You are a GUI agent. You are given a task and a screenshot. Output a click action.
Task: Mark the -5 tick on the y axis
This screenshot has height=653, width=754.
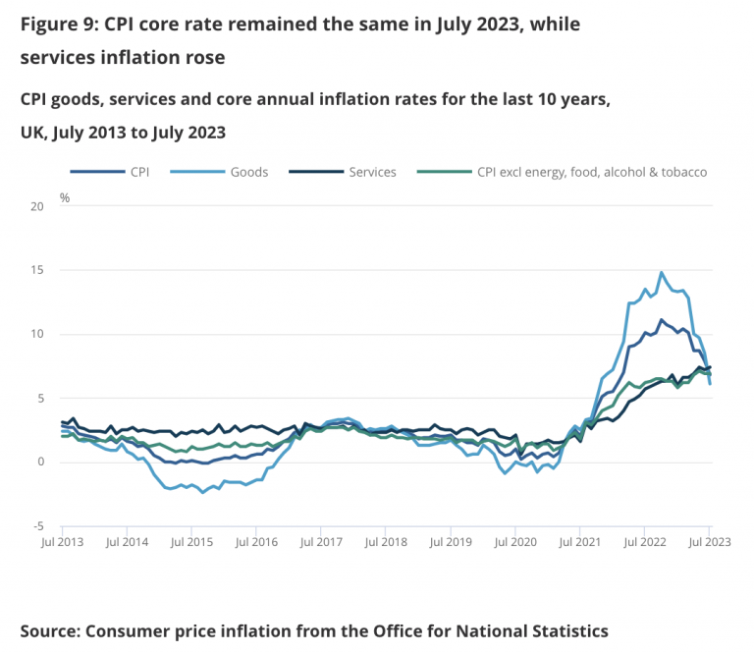(39, 526)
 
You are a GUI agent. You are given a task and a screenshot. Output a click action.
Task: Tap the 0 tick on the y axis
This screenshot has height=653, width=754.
(40, 463)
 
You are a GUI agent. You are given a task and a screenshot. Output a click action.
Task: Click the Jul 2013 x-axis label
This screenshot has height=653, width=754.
(62, 541)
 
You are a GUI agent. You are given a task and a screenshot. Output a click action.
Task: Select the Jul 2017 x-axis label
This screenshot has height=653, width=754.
(321, 541)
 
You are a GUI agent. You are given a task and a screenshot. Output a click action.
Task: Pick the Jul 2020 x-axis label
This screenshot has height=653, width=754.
(514, 541)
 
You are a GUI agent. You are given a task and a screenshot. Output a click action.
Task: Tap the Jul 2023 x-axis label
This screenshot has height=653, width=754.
(710, 541)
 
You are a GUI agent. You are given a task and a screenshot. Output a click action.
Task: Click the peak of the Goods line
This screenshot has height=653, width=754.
(662, 273)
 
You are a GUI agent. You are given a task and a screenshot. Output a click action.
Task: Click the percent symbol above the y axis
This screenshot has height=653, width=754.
(65, 197)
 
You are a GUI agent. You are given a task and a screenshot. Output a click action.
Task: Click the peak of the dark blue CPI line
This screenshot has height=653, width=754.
(662, 320)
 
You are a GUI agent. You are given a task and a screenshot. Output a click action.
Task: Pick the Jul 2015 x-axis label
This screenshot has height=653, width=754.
(192, 541)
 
